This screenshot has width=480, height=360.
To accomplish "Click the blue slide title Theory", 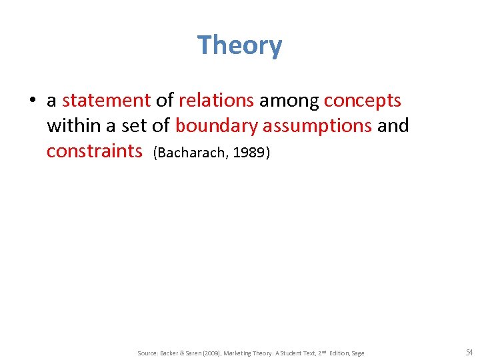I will point(239,45).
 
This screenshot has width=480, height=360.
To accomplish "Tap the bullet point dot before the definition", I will point(31,101).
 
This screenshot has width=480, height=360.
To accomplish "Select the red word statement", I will point(106,101).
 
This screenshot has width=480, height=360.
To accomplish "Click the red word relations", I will point(216,101).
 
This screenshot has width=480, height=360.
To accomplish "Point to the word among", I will point(289,101).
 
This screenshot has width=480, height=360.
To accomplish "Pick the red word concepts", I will point(362,101).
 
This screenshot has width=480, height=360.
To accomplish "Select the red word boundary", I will point(216,125).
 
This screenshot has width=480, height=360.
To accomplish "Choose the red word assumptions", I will point(317,125).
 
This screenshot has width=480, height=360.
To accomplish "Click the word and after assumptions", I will point(393,125).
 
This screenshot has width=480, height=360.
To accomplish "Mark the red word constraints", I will point(94,151).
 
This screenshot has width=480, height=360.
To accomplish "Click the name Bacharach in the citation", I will point(182,153).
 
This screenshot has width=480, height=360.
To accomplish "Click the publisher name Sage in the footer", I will point(357,353).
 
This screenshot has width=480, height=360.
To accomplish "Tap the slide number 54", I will point(468,352).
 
